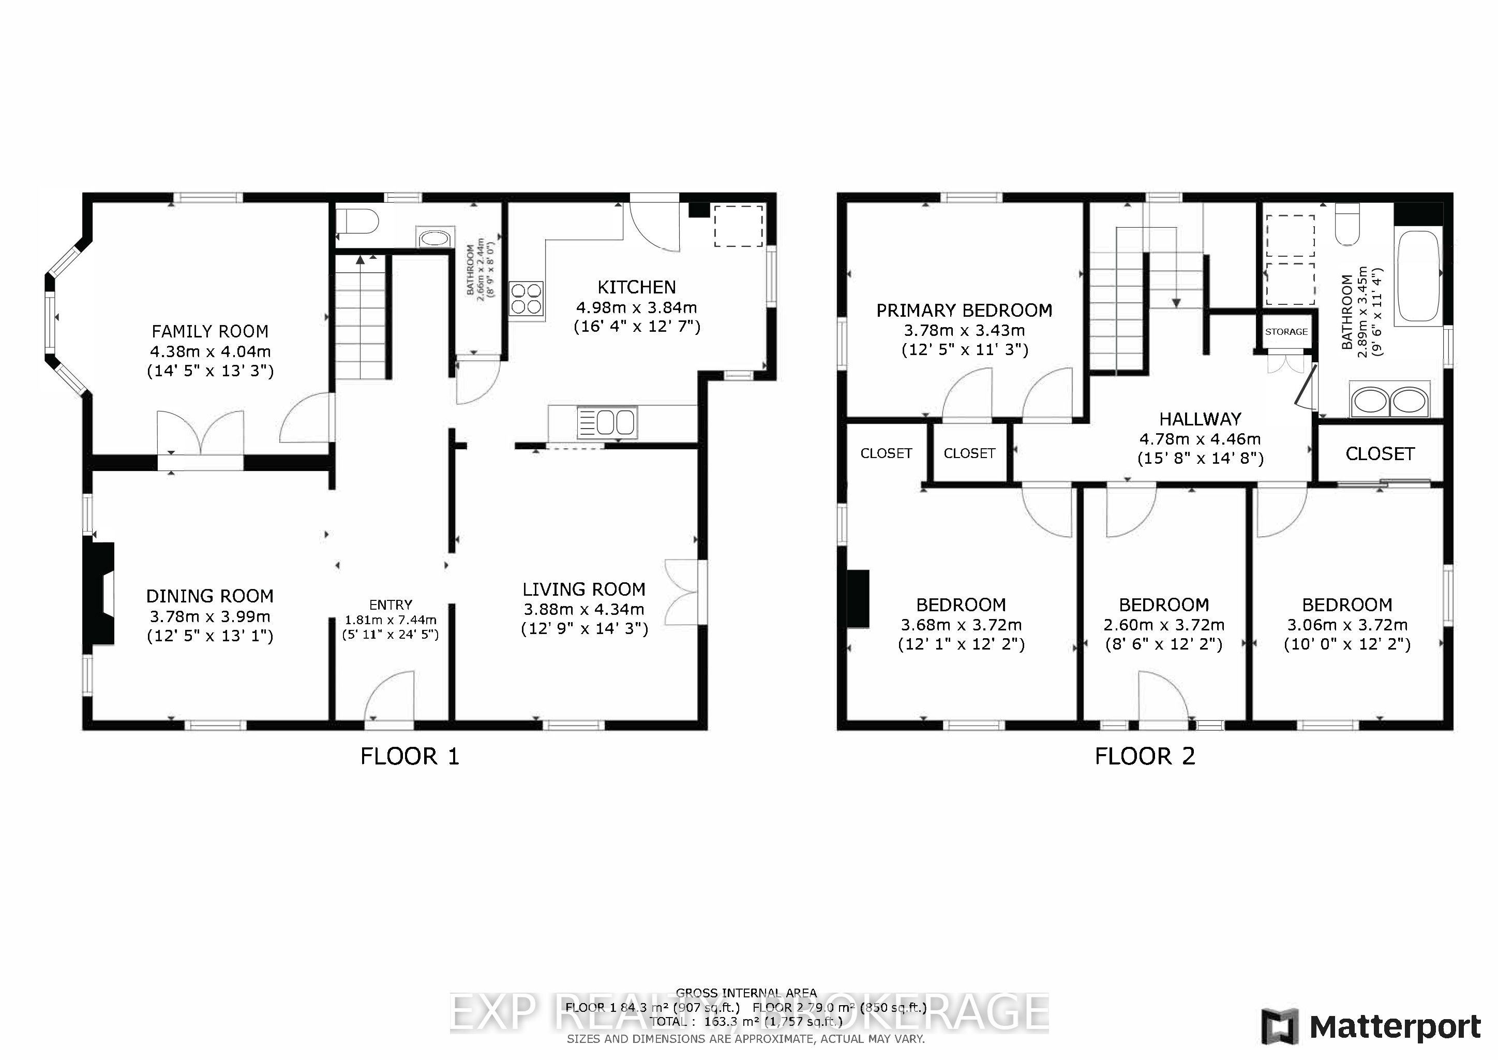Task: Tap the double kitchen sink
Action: (x=606, y=422)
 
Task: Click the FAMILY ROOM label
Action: (x=210, y=332)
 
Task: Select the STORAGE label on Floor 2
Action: (x=1286, y=332)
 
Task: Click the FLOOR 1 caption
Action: (x=410, y=757)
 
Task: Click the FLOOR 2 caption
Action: (x=1144, y=757)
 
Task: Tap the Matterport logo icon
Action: (x=1279, y=1027)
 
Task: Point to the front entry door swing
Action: (x=390, y=697)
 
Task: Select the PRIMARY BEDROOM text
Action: (x=964, y=311)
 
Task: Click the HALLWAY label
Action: (x=1200, y=419)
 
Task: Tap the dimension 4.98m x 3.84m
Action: (x=636, y=307)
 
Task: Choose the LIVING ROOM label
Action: (x=584, y=590)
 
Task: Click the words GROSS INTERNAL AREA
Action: (x=746, y=993)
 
